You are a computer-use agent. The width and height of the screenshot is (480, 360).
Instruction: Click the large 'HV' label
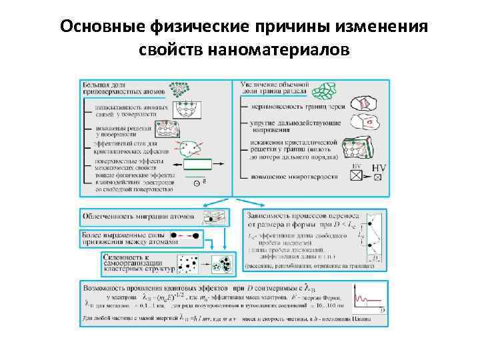pos(378,167)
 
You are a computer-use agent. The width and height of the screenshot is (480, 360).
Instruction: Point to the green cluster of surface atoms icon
pos(181,89)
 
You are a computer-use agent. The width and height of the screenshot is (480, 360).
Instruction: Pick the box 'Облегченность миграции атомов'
pos(139,217)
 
